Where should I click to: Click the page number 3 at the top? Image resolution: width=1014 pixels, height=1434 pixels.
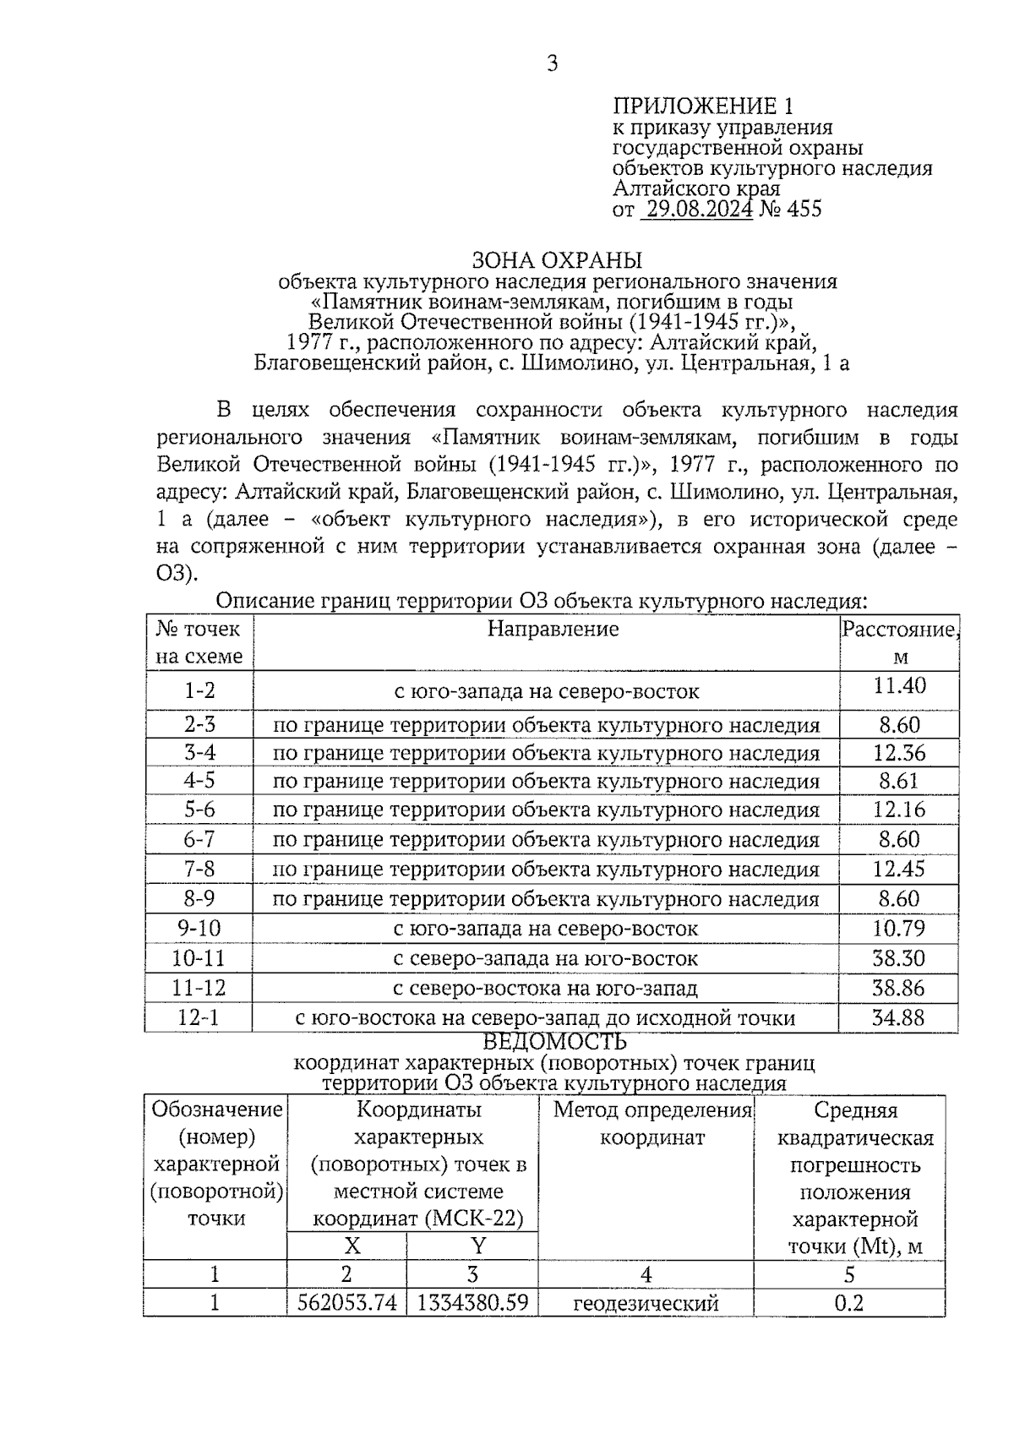click(552, 63)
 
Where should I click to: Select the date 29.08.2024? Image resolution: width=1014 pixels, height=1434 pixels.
click(696, 209)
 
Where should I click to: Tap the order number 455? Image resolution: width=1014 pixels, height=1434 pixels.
click(804, 209)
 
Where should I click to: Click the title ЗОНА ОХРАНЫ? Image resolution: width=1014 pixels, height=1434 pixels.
click(557, 259)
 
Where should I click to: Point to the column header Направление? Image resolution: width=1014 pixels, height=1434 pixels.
click(553, 629)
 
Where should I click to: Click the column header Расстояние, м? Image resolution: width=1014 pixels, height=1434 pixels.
click(899, 642)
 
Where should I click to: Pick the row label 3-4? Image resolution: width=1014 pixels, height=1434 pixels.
click(200, 752)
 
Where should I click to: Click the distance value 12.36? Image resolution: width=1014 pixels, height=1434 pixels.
click(899, 752)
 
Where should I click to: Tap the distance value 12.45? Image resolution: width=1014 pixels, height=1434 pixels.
click(899, 869)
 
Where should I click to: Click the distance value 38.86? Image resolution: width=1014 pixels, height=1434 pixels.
click(898, 988)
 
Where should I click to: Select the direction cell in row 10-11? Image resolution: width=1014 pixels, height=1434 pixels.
click(546, 958)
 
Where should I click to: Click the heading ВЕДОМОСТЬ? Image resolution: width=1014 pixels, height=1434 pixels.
click(554, 1042)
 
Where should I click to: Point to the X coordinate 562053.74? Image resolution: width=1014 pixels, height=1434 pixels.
click(346, 1303)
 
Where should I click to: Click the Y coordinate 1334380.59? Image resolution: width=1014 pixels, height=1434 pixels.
click(472, 1303)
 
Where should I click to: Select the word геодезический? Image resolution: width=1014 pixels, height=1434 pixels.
click(646, 1303)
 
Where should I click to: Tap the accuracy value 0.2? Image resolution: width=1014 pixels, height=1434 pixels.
click(848, 1303)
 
